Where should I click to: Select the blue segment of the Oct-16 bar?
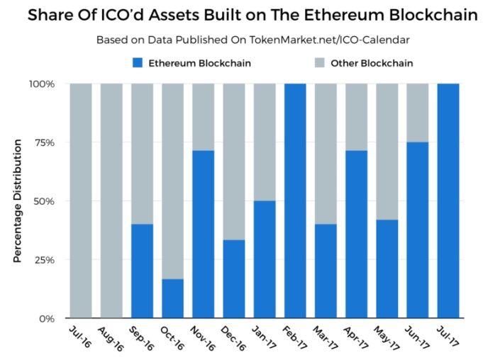pos(172,298)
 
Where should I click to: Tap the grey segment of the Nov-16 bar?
pos(203,116)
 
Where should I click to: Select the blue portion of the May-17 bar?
pos(387,269)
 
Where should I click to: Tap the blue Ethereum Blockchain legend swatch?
pos(138,63)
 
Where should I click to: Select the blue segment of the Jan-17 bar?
pos(264,259)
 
